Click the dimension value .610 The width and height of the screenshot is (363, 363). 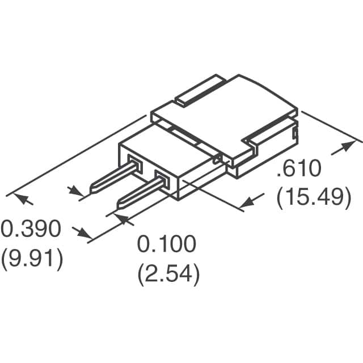tap(299, 170)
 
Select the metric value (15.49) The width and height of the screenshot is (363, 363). tap(313, 197)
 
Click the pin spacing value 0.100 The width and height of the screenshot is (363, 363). tap(167, 244)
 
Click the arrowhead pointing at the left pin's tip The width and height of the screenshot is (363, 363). tap(76, 191)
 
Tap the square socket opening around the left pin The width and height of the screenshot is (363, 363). tap(135, 166)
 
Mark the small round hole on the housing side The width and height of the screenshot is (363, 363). tap(217, 161)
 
